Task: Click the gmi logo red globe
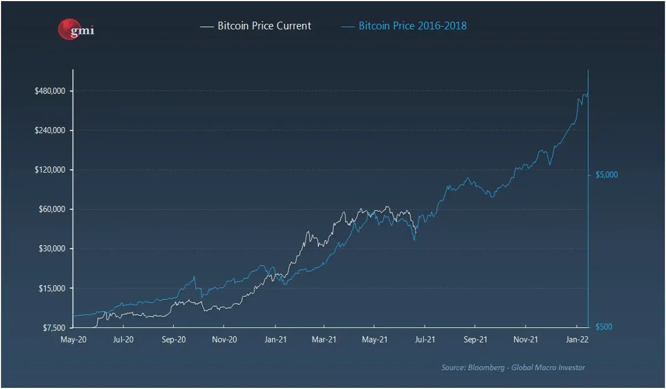point(69,29)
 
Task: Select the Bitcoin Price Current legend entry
point(256,26)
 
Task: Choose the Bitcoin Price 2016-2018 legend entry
point(404,26)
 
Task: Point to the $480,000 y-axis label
point(50,91)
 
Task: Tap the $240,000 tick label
point(50,130)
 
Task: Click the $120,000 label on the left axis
point(50,170)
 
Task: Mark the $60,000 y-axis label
point(52,209)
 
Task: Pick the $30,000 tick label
point(52,249)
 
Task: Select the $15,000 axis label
point(52,288)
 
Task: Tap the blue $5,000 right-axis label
point(607,175)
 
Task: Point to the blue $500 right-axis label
point(604,327)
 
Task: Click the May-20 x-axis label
point(73,340)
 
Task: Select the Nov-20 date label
point(224,340)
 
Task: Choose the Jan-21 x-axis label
point(276,340)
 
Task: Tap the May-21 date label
point(375,340)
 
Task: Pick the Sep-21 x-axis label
point(476,340)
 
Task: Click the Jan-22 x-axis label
point(577,340)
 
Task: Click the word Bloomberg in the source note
point(486,368)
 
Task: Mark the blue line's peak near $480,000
point(588,93)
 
